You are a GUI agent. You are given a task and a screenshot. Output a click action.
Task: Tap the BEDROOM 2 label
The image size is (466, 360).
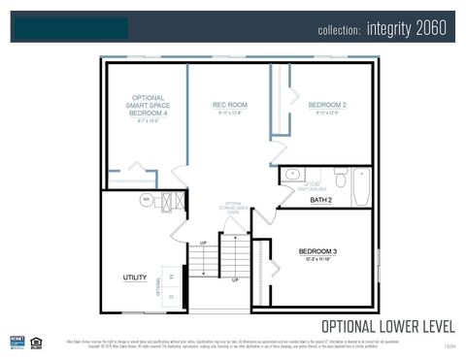point(327,104)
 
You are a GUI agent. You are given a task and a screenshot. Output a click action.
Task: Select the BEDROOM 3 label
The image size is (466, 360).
point(317,251)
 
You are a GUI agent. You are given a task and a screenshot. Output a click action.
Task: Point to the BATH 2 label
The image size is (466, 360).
point(321,200)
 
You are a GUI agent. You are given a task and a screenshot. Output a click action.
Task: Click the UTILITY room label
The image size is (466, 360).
point(134,278)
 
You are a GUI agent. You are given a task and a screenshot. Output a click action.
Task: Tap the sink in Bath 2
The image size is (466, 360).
point(292,175)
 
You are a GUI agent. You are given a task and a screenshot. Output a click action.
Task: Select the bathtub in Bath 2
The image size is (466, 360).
point(362,186)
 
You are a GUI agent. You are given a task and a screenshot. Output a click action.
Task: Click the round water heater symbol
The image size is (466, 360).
point(148,200)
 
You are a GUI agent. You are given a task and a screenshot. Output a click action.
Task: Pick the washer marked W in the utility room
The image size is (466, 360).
point(171,278)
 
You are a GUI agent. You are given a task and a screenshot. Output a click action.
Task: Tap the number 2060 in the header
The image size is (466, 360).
point(431,28)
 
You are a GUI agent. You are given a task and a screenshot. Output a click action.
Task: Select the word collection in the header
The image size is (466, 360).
point(339,30)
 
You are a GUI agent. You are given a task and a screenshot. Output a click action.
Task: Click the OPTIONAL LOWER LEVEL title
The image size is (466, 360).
point(386,325)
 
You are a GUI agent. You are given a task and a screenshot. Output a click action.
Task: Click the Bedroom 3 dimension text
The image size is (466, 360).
point(317,260)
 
